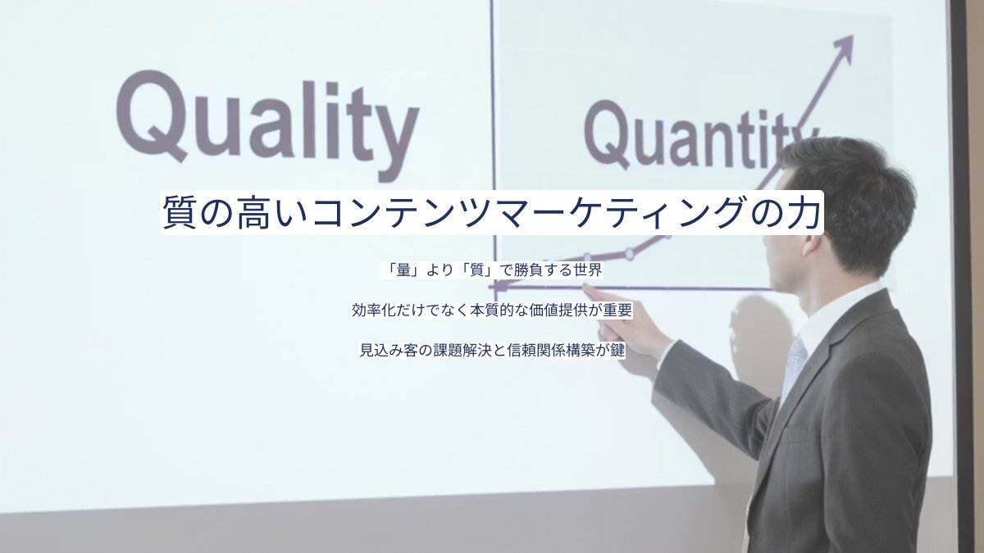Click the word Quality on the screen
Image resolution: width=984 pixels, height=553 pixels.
pyautogui.click(x=268, y=126)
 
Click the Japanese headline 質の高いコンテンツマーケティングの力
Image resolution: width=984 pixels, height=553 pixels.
pyautogui.click(x=491, y=212)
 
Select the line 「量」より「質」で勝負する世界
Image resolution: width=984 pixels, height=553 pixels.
pyautogui.click(x=492, y=270)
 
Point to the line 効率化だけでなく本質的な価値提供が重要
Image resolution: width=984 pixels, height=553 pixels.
pyautogui.click(x=492, y=310)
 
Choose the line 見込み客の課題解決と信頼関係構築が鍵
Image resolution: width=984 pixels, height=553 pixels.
pyautogui.click(x=492, y=351)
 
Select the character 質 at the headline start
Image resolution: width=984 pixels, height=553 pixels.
pyautogui.click(x=180, y=212)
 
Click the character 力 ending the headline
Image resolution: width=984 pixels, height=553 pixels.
pyautogui.click(x=803, y=212)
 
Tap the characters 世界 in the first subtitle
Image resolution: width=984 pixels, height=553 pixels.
pyautogui.click(x=588, y=270)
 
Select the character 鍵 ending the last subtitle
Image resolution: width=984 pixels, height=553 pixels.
pyautogui.click(x=617, y=351)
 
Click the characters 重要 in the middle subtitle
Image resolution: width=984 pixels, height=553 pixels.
pyautogui.click(x=617, y=310)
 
